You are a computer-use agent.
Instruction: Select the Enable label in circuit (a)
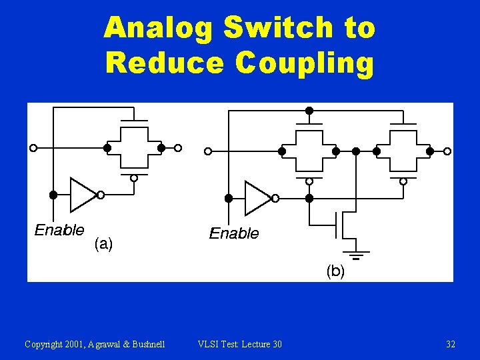click(59, 231)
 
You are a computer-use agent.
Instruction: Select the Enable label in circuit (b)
click(234, 233)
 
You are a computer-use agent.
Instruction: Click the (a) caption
click(103, 244)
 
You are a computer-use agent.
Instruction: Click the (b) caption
click(335, 271)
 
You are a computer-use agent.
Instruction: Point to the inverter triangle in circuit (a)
click(83, 195)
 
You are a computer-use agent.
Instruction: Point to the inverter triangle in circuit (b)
click(257, 198)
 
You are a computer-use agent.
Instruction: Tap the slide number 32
click(451, 344)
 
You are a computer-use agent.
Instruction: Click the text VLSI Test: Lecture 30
click(240, 344)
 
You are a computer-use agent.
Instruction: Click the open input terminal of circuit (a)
click(33, 148)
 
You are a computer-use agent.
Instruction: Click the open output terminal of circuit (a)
click(178, 148)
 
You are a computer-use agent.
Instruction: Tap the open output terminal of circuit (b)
click(447, 151)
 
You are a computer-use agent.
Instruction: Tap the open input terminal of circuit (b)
click(208, 151)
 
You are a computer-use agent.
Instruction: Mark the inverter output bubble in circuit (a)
click(101, 195)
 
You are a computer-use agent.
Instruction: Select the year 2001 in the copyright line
click(77, 344)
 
